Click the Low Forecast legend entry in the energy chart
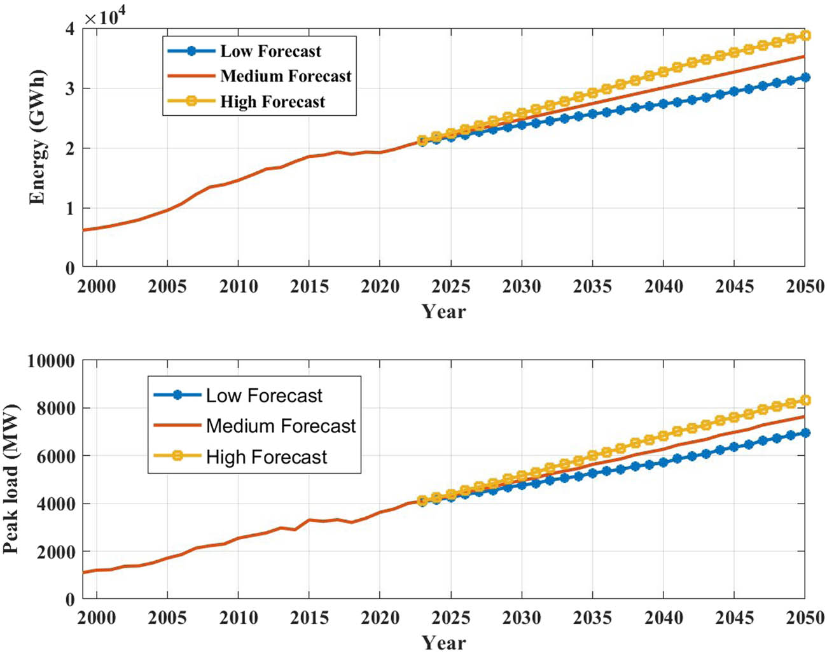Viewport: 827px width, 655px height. (270, 51)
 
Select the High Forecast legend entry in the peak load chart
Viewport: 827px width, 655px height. (266, 457)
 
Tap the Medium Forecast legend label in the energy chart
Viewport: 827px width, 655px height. (286, 76)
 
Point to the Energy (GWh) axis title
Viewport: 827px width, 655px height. (38, 137)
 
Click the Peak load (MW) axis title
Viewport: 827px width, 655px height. (11, 479)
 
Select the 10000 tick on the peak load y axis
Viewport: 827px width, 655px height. (51, 362)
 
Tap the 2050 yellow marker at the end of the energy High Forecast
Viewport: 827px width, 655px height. (805, 36)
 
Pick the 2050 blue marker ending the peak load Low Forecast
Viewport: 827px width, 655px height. (805, 433)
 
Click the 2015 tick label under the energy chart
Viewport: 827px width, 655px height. (309, 286)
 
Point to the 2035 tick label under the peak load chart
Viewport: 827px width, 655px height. (592, 617)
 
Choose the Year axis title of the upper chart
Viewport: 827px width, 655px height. (443, 311)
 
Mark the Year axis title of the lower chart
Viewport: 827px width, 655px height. (443, 642)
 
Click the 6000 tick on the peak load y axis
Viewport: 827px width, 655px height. (55, 456)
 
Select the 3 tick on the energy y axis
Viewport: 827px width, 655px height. (69, 88)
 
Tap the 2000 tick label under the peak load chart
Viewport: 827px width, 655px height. (97, 617)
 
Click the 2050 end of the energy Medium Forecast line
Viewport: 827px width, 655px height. (804, 57)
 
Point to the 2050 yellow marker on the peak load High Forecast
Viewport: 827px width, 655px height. (805, 400)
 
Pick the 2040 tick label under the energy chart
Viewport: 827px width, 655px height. (664, 286)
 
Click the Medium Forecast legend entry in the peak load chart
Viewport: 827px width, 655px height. (281, 426)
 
